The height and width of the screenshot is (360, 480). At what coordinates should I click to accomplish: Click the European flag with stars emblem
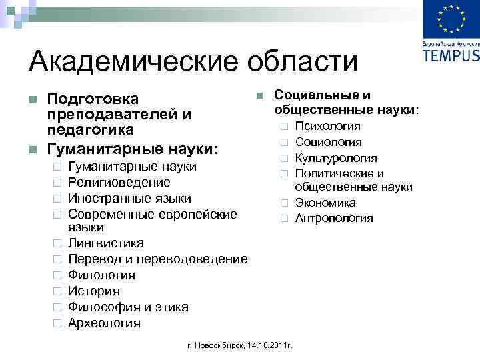tap(451, 21)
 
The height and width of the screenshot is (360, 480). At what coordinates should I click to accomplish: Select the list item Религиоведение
tap(119, 183)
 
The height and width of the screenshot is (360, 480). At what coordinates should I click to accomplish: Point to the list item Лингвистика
tap(106, 243)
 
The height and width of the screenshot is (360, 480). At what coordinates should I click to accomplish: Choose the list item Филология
tap(102, 275)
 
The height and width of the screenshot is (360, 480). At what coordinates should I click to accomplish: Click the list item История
tap(94, 291)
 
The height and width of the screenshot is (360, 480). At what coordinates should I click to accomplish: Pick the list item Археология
tap(105, 323)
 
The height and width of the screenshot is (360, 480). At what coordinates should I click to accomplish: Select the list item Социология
tap(329, 142)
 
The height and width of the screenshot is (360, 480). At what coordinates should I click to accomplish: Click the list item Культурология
tap(336, 159)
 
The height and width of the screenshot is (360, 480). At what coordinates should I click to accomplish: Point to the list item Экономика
tap(325, 203)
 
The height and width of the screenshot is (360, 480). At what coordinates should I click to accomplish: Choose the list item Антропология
tap(334, 219)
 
